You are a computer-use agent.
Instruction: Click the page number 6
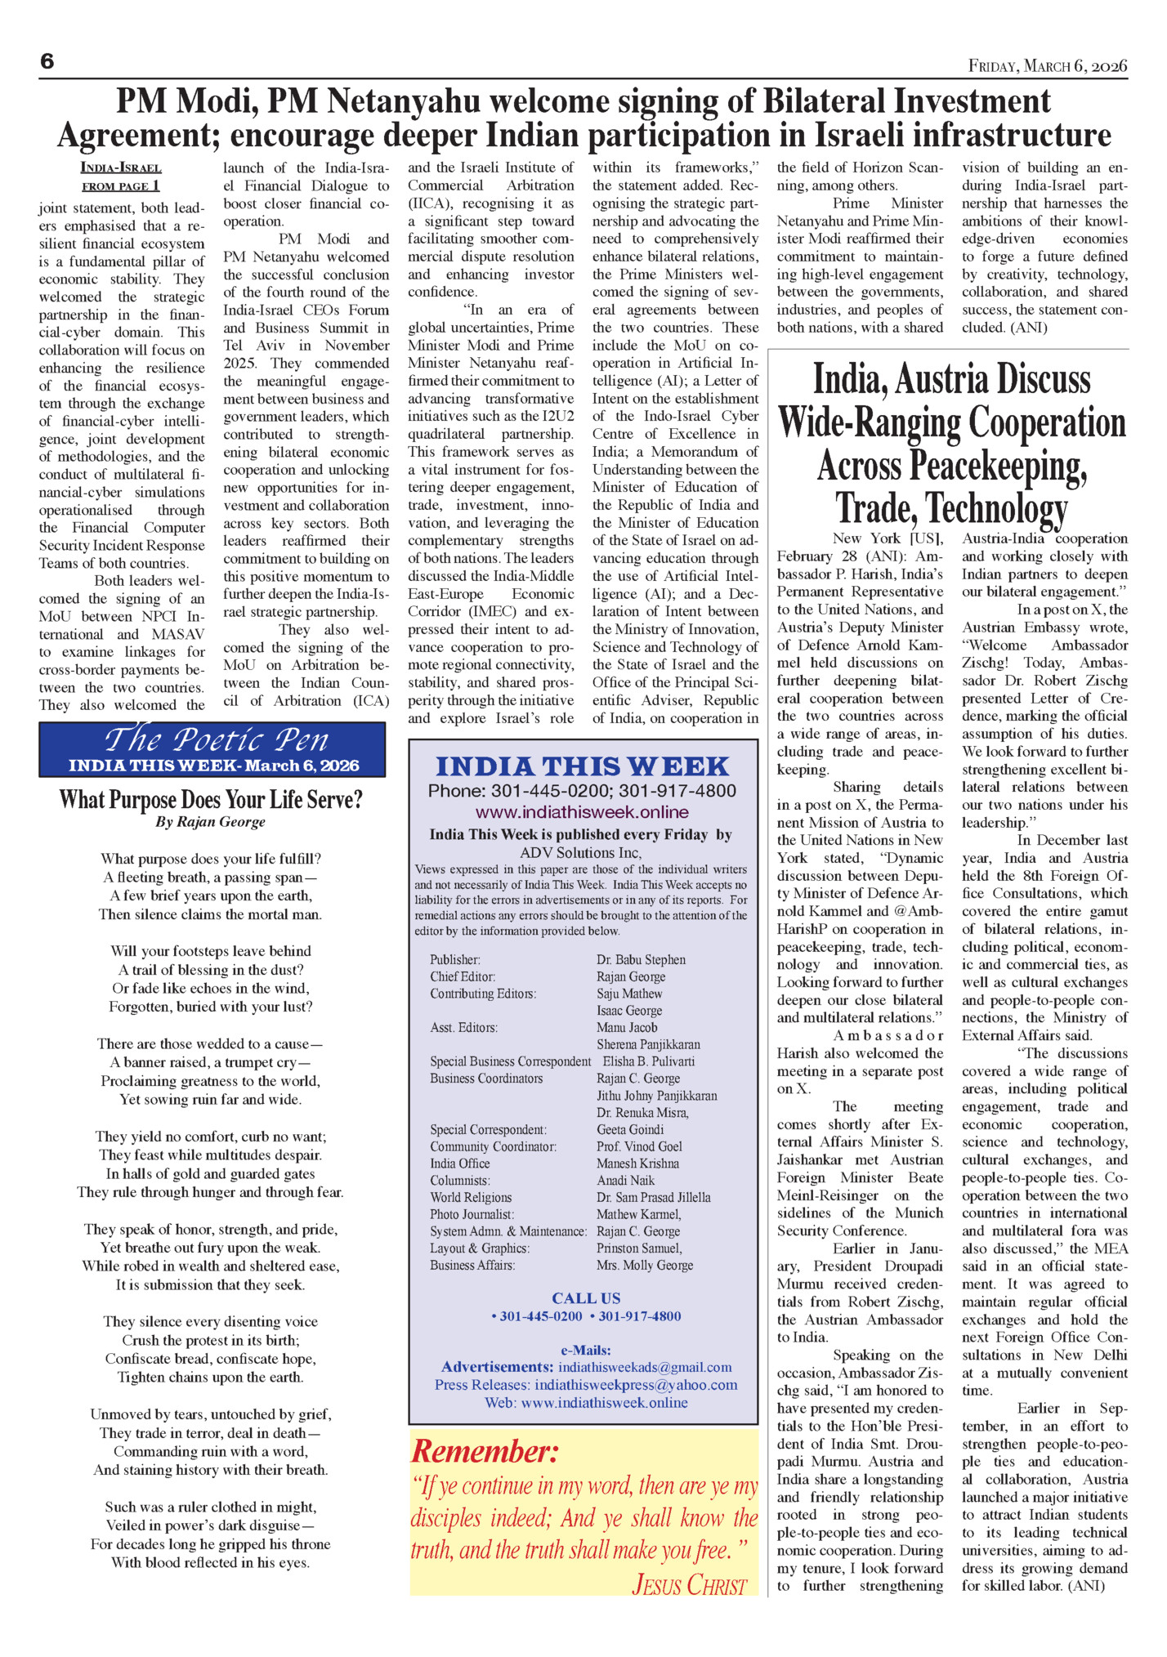click(x=47, y=61)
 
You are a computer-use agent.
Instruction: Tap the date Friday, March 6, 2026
click(x=1048, y=65)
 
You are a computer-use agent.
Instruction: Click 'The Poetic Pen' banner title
click(x=217, y=740)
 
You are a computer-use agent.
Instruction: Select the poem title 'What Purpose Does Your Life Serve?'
click(x=211, y=799)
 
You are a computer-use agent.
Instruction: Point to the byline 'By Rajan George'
click(x=211, y=822)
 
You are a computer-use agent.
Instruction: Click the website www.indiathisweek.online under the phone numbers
click(x=582, y=812)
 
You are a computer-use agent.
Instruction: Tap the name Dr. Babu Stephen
click(x=641, y=959)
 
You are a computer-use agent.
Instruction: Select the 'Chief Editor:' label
click(x=463, y=976)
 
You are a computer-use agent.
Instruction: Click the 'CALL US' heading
click(x=586, y=1298)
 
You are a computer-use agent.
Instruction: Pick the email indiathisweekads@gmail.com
click(x=645, y=1367)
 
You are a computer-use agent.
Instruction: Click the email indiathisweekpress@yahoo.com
click(x=636, y=1385)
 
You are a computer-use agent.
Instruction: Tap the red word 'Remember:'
click(x=485, y=1452)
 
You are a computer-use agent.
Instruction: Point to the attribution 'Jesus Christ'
click(x=689, y=1585)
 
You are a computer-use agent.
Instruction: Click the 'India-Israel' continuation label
click(x=121, y=168)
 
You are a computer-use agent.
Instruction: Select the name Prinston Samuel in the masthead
click(x=639, y=1248)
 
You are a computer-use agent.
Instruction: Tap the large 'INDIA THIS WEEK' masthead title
click(x=582, y=766)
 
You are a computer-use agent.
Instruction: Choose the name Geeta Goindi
click(x=630, y=1129)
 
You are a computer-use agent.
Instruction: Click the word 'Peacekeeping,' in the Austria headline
click(x=952, y=466)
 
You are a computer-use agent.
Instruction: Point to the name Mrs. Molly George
click(x=645, y=1265)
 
